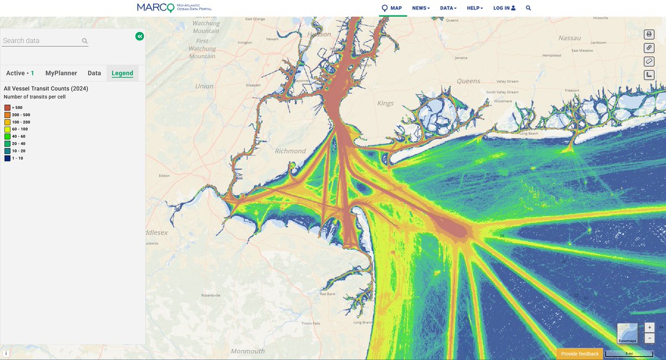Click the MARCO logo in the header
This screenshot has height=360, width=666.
click(x=174, y=8)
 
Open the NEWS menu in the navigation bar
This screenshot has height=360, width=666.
click(x=421, y=8)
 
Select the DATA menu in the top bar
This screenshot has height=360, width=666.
click(x=448, y=8)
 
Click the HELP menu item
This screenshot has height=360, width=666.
click(x=475, y=8)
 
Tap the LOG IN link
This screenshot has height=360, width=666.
click(x=504, y=8)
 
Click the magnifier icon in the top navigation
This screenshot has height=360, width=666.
click(x=528, y=8)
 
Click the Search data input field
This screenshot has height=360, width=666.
click(x=41, y=40)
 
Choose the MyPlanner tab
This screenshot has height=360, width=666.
click(x=61, y=73)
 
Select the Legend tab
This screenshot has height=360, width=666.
click(x=122, y=73)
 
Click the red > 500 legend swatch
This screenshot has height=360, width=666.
click(x=7, y=108)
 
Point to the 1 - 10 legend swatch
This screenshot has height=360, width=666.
click(x=7, y=158)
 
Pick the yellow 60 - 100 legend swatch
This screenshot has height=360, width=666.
click(x=7, y=129)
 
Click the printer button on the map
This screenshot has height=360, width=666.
click(x=649, y=34)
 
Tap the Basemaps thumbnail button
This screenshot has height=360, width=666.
click(x=627, y=333)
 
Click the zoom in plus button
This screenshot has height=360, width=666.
click(x=649, y=328)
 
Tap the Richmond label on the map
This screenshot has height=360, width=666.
click(x=290, y=151)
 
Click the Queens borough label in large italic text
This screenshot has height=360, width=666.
click(x=468, y=81)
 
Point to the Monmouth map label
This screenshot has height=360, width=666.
click(x=248, y=351)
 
